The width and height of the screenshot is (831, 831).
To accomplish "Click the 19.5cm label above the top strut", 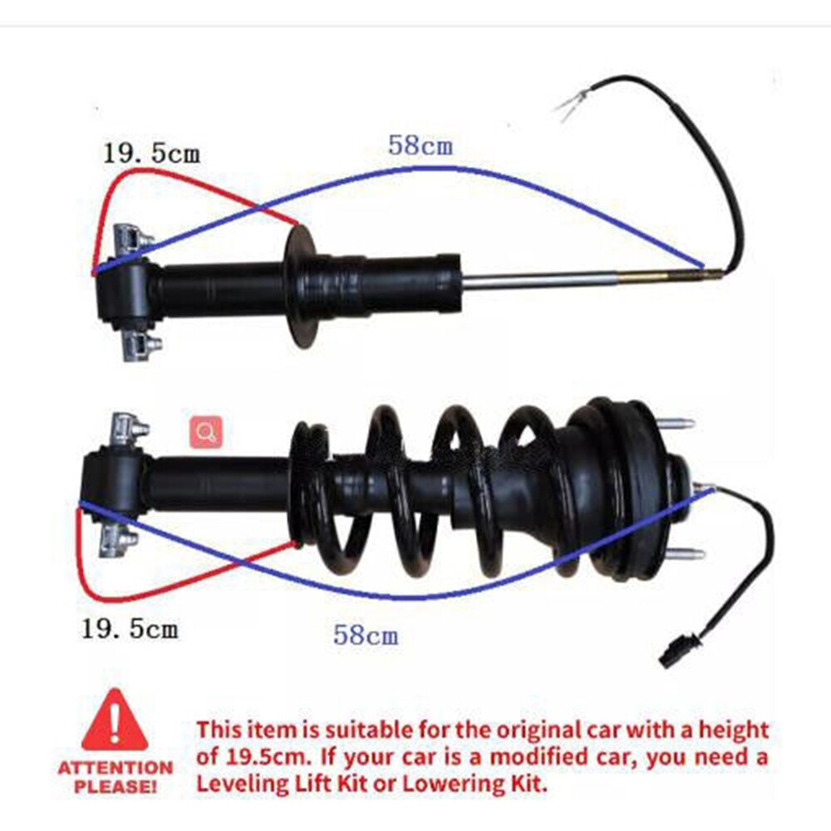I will (151, 153).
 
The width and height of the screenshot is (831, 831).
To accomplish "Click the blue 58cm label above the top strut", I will (420, 145).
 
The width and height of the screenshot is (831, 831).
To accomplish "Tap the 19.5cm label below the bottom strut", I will (130, 628).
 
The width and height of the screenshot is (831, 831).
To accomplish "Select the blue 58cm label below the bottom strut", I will (366, 637).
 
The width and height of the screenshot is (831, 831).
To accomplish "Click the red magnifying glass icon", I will (206, 432).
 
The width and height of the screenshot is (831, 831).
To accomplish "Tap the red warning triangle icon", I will (114, 720).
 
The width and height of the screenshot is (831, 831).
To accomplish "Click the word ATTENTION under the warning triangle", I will (115, 767).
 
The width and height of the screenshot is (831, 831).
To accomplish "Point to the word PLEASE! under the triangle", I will (115, 785).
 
